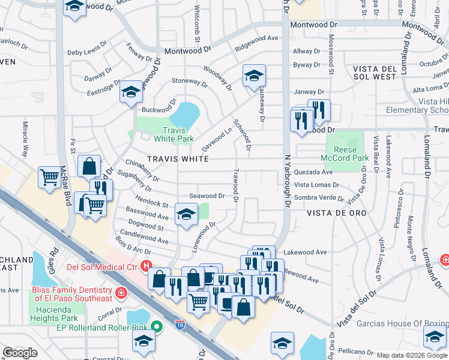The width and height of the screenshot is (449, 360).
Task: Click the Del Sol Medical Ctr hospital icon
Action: click(x=145, y=266)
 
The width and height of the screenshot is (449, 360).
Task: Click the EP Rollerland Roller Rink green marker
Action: click(x=157, y=327)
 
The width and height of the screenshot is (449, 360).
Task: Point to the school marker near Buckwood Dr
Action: click(x=130, y=92)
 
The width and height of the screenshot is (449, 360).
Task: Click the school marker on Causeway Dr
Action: click(x=254, y=76)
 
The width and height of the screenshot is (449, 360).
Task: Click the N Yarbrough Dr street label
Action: click(x=287, y=180)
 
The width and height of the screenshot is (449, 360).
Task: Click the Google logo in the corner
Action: click(x=20, y=353)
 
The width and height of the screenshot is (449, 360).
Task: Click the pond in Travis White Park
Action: click(x=185, y=114)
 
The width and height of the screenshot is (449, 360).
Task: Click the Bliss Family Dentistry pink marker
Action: click(x=121, y=293)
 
